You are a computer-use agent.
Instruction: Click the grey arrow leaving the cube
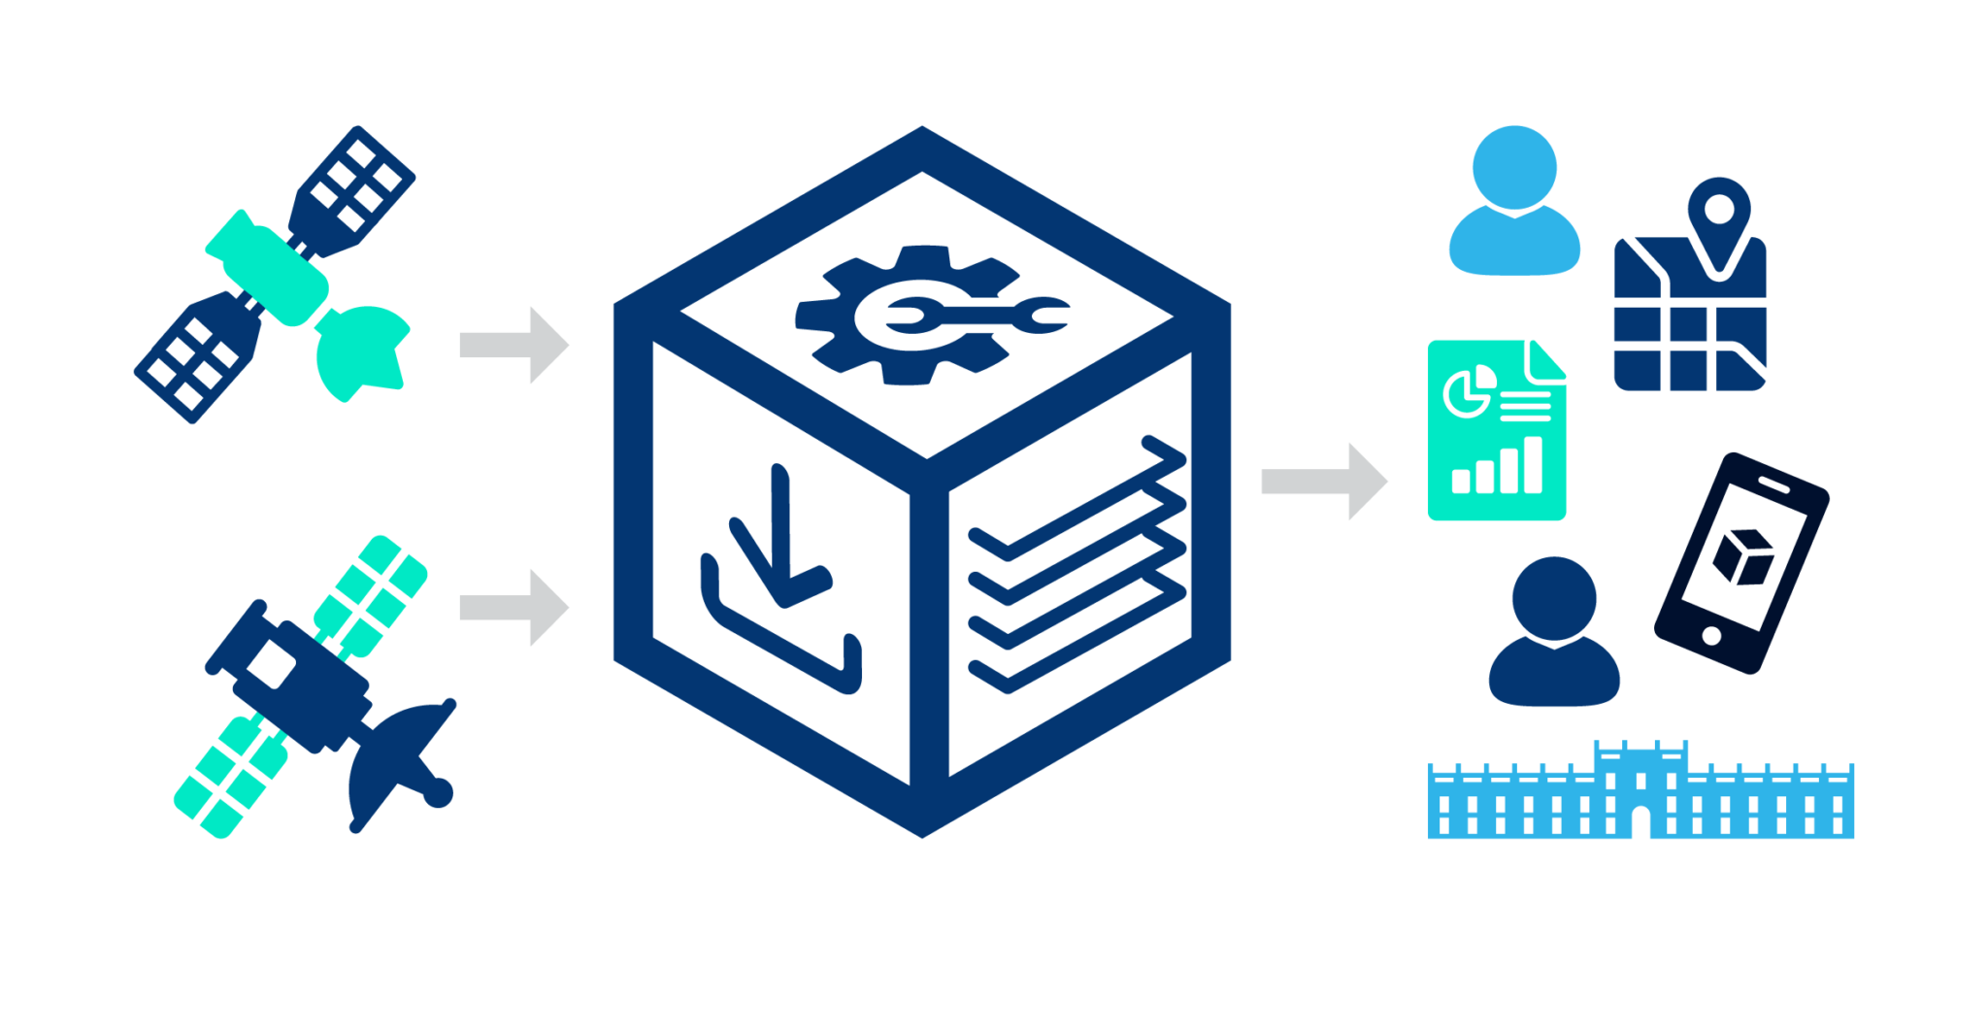pos(1323,482)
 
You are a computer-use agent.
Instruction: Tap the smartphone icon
pos(1741,563)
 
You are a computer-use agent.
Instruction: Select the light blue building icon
pos(1640,796)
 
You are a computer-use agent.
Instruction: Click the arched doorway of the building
pos(1640,823)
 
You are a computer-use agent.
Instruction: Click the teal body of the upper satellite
pos(267,267)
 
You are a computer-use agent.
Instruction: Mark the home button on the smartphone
pos(1711,636)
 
